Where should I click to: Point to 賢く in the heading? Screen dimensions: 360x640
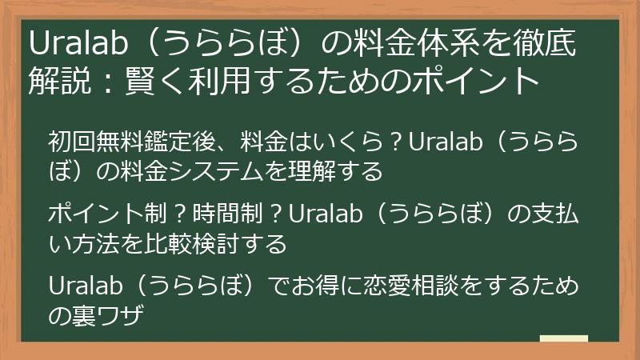151,81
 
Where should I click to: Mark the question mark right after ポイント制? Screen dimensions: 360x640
180,214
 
